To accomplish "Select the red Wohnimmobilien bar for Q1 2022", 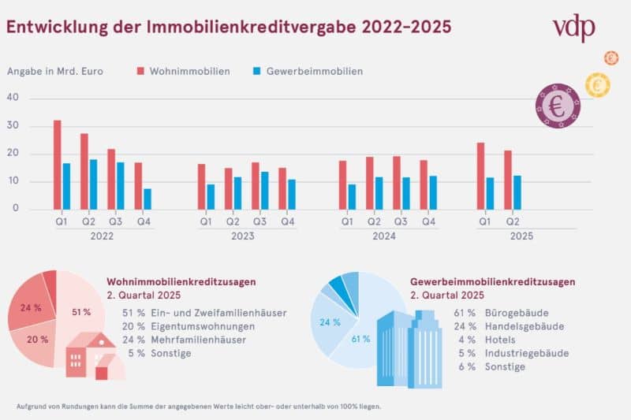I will click(58, 165).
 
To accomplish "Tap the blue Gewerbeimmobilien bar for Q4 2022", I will click(147, 199).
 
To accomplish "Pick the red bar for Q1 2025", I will click(480, 176).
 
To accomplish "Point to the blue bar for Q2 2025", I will click(517, 192).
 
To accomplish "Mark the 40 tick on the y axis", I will click(12, 98).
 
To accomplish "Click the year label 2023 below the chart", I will click(243, 236).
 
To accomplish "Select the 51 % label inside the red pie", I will click(80, 312).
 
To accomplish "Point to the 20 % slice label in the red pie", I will click(32, 339).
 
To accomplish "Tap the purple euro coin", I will click(558, 106).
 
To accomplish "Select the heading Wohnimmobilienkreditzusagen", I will click(181, 281).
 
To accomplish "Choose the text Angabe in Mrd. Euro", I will click(55, 71).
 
